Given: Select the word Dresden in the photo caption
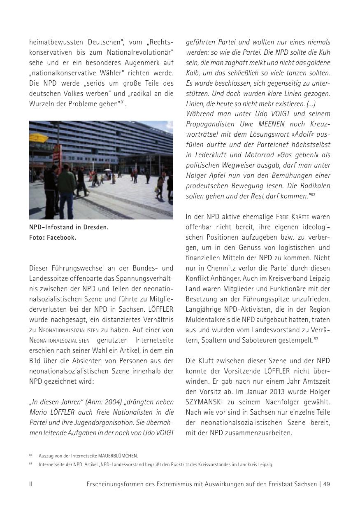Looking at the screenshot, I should click(95, 227).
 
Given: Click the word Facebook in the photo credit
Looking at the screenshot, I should click(61, 237).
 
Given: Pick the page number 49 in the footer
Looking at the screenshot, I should click(326, 484).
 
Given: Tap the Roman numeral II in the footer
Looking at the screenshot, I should click(31, 484).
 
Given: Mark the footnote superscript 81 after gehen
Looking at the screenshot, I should click(123, 102).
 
